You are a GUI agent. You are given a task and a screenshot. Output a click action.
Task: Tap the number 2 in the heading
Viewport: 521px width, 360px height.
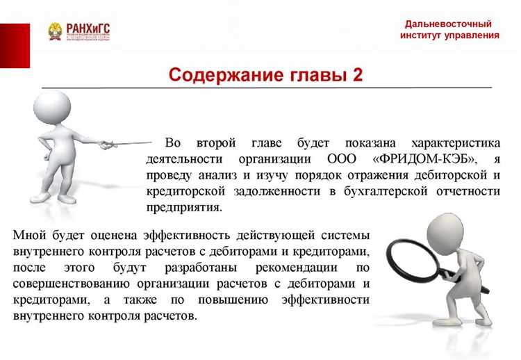tap(357, 74)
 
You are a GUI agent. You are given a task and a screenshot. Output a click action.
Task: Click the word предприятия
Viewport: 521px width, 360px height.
tap(183, 207)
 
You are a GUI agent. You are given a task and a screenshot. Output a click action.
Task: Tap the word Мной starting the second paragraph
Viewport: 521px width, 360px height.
tap(29, 235)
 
